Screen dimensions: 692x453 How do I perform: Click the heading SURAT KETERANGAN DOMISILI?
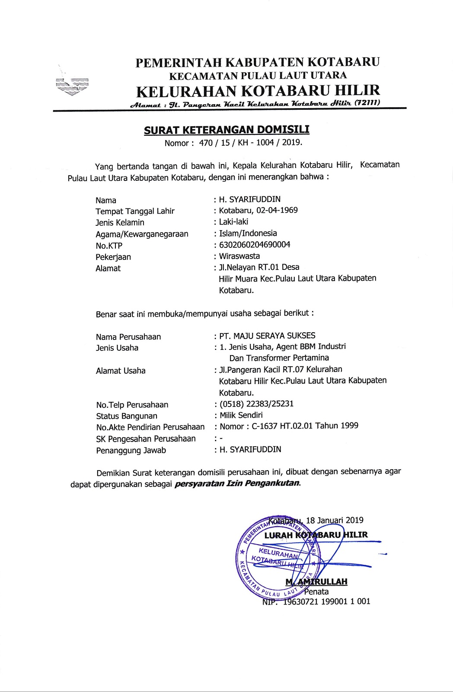click(x=227, y=130)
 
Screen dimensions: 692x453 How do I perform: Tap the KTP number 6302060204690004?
click(x=255, y=245)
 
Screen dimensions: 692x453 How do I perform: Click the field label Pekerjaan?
click(x=113, y=257)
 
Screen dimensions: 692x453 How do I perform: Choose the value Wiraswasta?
click(x=239, y=256)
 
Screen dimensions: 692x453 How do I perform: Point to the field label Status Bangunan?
click(x=127, y=416)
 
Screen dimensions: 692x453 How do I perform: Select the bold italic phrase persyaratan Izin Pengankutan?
click(x=237, y=483)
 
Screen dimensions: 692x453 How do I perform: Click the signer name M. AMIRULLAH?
click(x=316, y=582)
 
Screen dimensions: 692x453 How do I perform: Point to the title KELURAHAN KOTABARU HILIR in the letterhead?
click(x=258, y=91)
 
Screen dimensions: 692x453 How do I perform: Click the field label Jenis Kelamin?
click(x=120, y=223)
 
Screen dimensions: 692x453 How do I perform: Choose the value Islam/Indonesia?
click(x=248, y=234)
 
